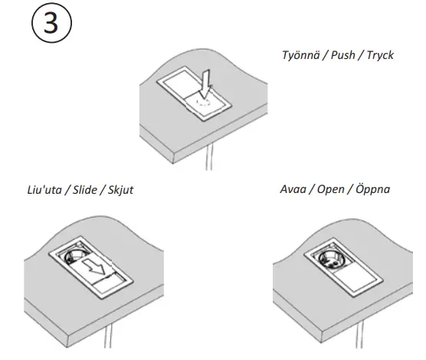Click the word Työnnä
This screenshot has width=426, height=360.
tap(302, 55)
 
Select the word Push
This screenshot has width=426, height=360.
tap(342, 55)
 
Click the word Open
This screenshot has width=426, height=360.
tap(330, 189)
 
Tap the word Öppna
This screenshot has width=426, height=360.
tap(370, 189)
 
